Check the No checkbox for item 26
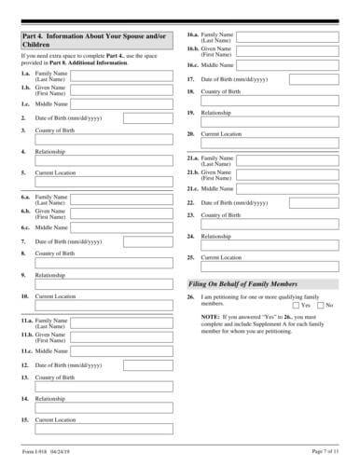[320, 305]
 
